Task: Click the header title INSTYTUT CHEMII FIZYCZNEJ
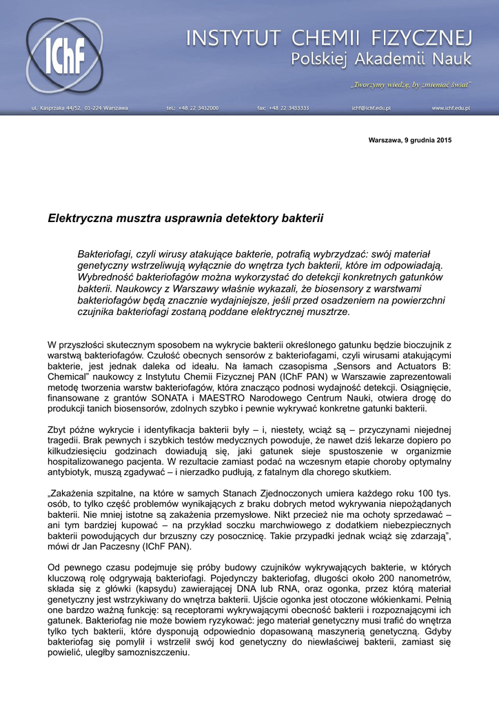(x=329, y=38)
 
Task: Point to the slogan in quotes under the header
(x=411, y=84)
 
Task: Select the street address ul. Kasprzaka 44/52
(x=79, y=108)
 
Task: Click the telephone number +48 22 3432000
(x=193, y=108)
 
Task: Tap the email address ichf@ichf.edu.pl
(x=371, y=108)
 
